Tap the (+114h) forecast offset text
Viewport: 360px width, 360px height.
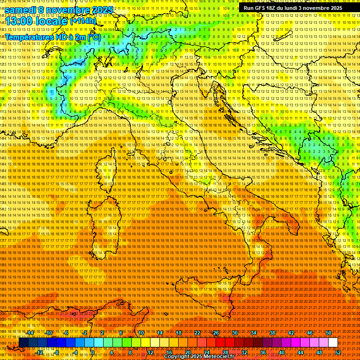tap(83, 21)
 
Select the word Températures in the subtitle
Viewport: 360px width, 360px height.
tap(29, 37)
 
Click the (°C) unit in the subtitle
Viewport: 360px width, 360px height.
tap(93, 37)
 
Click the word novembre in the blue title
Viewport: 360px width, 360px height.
tap(69, 10)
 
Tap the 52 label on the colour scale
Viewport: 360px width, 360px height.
tap(337, 352)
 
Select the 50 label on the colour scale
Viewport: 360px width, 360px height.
tap(328, 332)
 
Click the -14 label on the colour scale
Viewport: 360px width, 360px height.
tap(31, 332)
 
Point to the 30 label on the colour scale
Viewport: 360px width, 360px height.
tap(235, 332)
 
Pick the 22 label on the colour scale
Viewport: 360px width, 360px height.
tap(197, 332)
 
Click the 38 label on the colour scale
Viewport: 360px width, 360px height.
tap(272, 332)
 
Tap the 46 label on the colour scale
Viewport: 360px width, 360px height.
tap(309, 332)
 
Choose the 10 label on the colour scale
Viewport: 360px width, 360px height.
tap(141, 332)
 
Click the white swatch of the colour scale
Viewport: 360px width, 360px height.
tap(333, 342)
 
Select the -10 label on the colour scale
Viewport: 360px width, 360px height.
tap(49, 332)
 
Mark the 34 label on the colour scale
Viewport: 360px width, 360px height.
tap(254, 332)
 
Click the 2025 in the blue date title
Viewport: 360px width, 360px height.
tap(102, 10)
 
